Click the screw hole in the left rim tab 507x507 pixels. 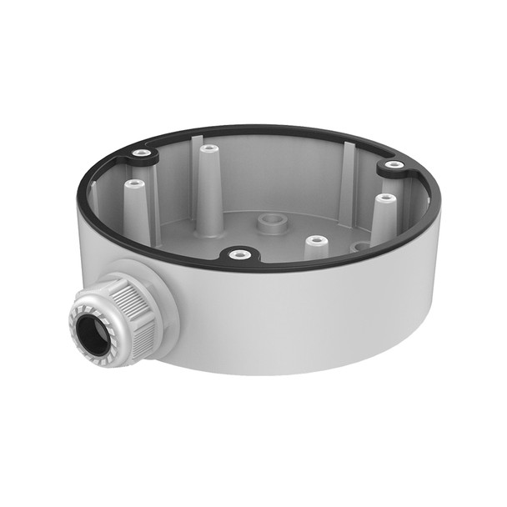click(x=143, y=153)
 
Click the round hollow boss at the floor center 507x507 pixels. click(x=269, y=223)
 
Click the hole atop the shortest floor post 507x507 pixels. click(x=316, y=241)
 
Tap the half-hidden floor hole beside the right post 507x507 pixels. click(x=359, y=247)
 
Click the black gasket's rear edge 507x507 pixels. click(x=275, y=129)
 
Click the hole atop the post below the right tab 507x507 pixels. click(x=384, y=198)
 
